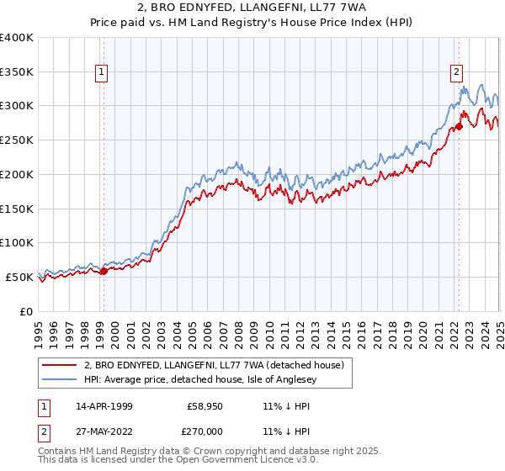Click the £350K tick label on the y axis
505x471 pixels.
17,71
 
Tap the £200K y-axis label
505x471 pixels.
17,174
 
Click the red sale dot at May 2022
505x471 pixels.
459,127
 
